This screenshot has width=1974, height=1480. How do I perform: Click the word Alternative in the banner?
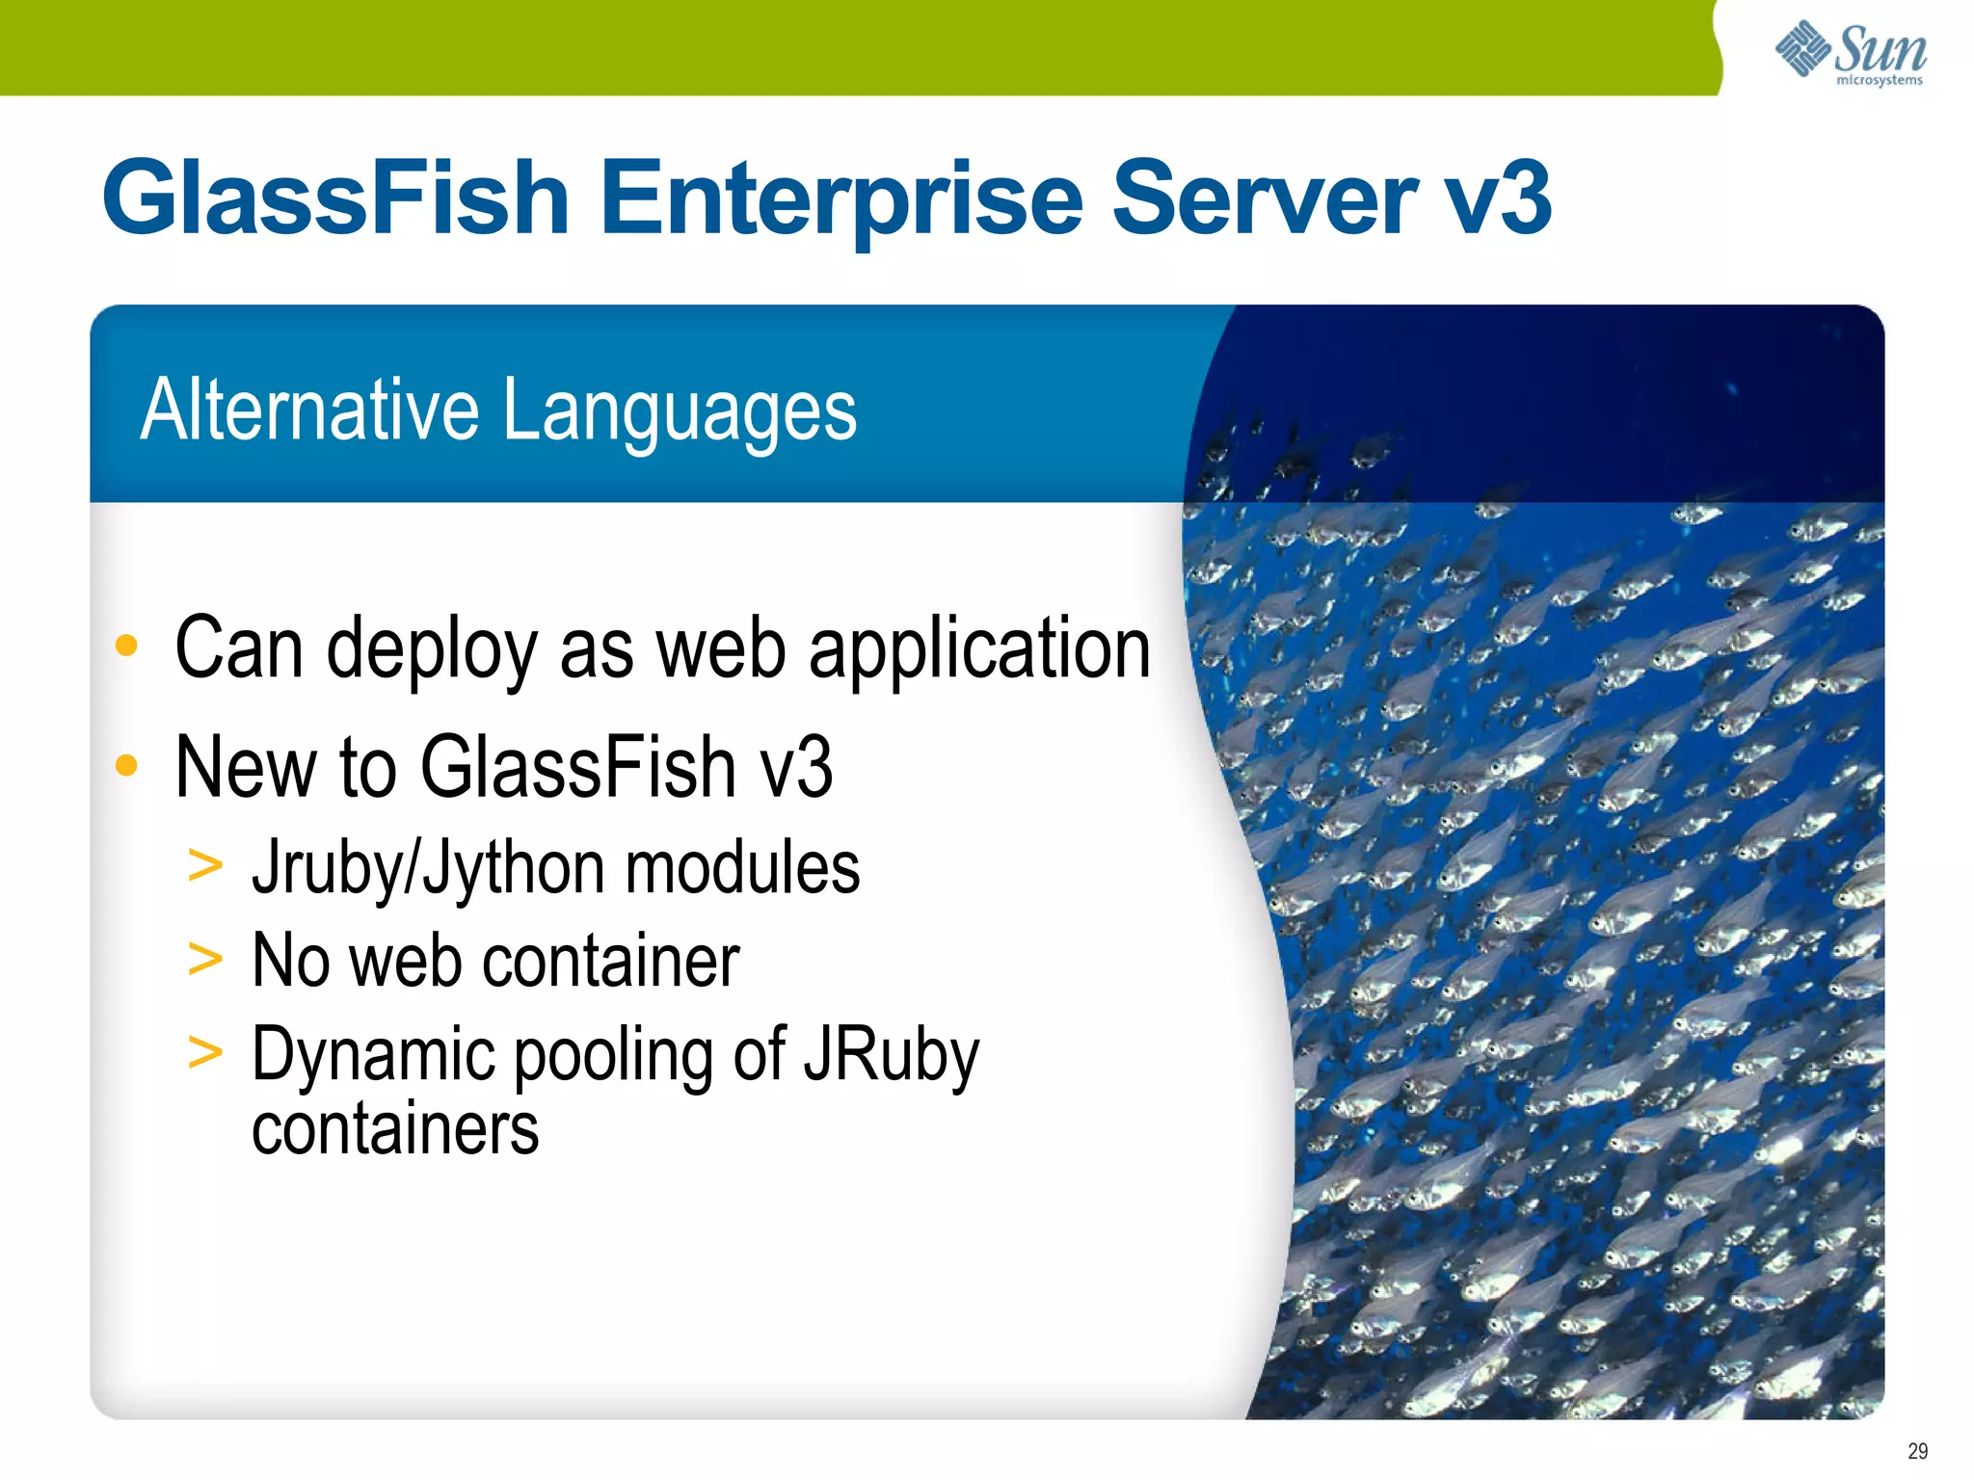[309, 410]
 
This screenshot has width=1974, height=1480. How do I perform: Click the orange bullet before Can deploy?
[126, 646]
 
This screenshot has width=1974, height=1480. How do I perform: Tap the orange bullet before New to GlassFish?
[126, 766]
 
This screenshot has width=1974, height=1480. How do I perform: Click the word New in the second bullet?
[246, 767]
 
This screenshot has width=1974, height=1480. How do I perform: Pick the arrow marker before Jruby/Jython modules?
[205, 864]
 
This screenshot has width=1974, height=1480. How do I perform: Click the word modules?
[742, 867]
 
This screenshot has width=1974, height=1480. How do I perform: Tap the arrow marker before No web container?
[205, 959]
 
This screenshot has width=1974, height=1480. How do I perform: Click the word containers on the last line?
[395, 1128]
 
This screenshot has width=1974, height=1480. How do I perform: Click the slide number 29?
[1917, 1451]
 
